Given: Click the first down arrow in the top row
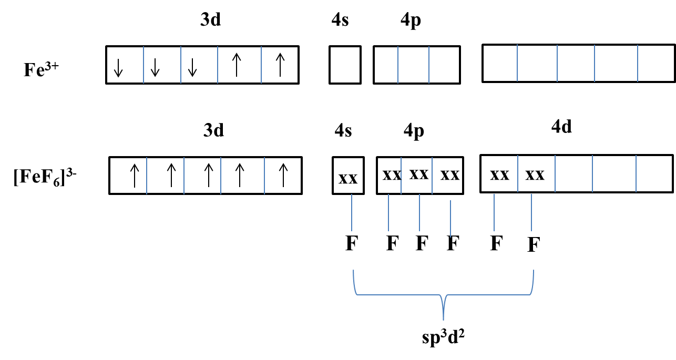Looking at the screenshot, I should (118, 68).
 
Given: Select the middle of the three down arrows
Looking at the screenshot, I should (155, 68).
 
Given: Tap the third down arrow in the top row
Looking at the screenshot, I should (192, 68).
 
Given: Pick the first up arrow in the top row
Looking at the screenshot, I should (237, 65).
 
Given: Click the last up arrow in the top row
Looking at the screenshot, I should (280, 65).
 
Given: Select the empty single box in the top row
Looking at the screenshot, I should (345, 65).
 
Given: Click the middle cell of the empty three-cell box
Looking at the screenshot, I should (413, 65).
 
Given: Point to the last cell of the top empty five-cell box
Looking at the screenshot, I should (655, 63).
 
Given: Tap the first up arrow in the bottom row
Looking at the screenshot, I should (135, 176).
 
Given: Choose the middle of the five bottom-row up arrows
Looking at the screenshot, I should (209, 176).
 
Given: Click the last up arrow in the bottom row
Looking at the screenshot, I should (283, 176).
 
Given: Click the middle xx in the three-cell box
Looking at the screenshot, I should (419, 174).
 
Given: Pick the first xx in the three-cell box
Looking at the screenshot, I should (392, 175).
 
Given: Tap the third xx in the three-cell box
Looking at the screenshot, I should (449, 176).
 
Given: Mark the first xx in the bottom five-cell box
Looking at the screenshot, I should (499, 175).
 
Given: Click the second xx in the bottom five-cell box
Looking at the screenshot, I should (535, 175).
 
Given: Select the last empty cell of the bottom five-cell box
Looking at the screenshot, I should (653, 173).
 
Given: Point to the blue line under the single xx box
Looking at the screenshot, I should (352, 212).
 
